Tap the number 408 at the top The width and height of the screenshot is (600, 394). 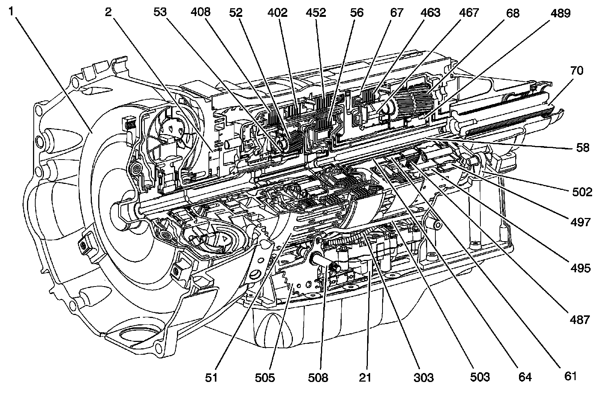point(200,13)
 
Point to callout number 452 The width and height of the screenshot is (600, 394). point(316,13)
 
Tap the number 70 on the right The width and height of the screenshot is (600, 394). point(577,70)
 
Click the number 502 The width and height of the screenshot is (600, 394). point(582,192)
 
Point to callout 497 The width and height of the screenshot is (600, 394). point(580,222)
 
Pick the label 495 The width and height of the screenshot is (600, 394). point(580,268)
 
